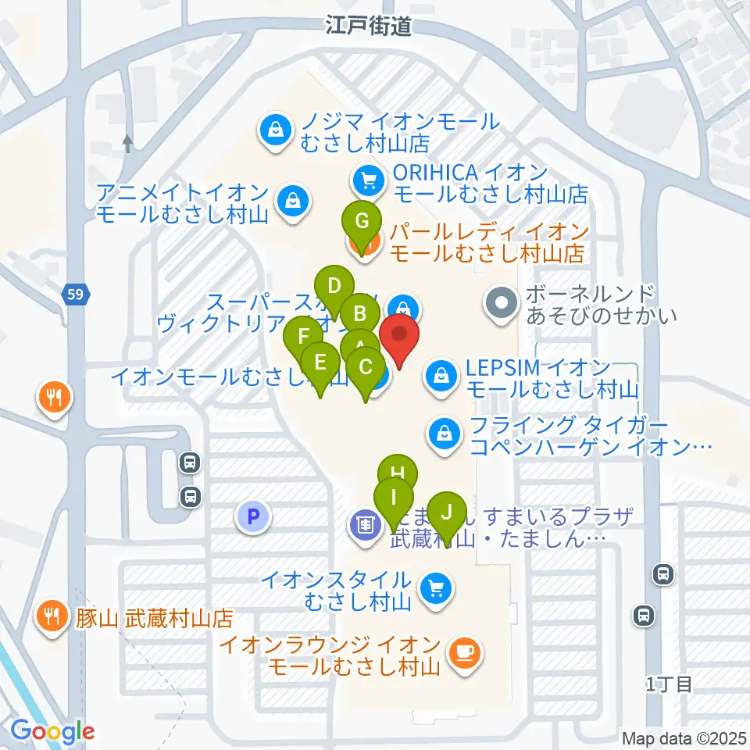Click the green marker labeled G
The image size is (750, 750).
click(x=362, y=221)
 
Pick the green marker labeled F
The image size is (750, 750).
click(x=302, y=338)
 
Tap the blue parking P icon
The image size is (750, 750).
click(x=252, y=515)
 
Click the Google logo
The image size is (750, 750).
click(x=53, y=732)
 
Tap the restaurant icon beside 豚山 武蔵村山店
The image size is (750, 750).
click(x=53, y=615)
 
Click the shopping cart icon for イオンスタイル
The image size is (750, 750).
click(x=434, y=588)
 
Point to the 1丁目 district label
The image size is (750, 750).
click(x=670, y=685)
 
